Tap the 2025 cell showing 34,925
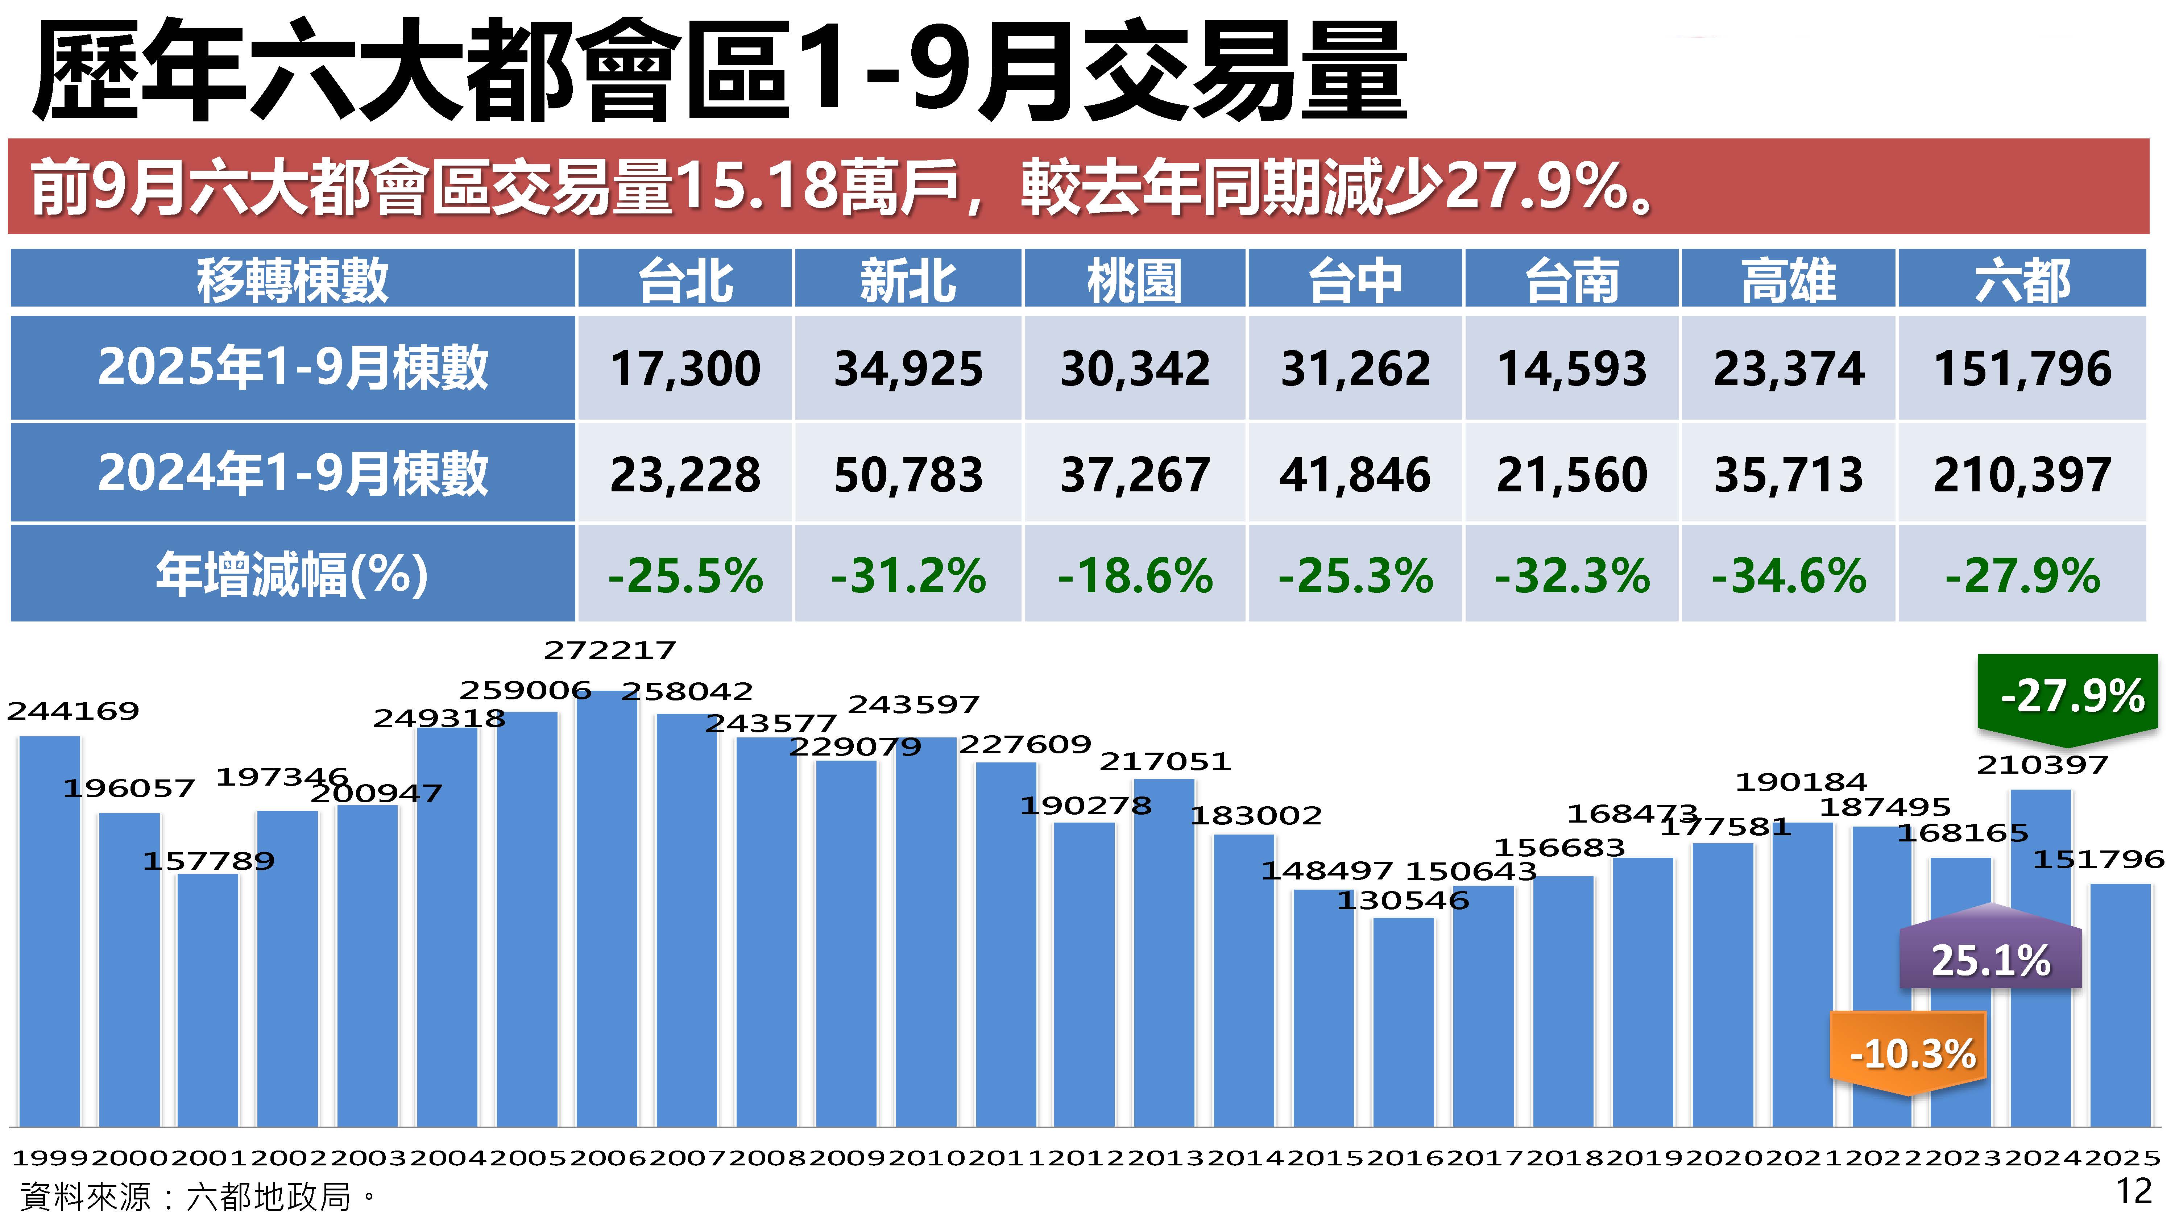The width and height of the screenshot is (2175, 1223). pos(908,369)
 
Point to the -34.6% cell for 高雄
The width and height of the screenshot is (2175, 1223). pos(1788,576)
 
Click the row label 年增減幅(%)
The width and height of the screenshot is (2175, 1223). pos(292,574)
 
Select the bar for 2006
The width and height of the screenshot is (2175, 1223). pos(607,912)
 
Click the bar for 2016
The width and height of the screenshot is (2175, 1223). pos(1403,1021)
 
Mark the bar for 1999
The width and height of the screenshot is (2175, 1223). pos(50,928)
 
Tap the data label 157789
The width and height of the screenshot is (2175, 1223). pos(208,861)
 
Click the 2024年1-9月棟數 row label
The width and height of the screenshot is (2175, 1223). pos(292,473)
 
